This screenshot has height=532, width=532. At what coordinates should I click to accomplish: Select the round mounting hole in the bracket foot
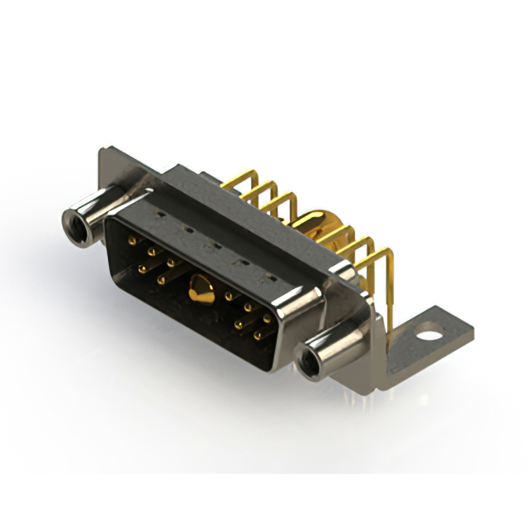point(429,337)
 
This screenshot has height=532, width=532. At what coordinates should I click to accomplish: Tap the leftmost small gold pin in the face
point(132,241)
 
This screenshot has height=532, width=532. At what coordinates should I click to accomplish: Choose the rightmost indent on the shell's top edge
point(268,275)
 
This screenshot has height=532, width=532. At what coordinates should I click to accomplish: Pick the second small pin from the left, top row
point(152,250)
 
